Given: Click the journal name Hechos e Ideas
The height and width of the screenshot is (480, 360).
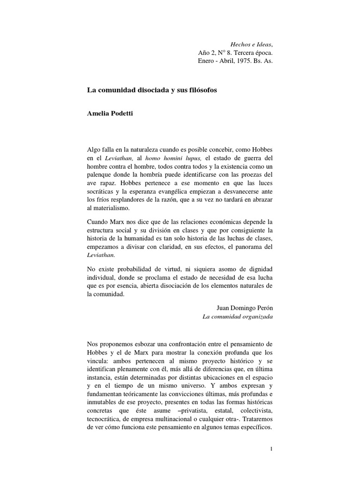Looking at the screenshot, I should point(250,44).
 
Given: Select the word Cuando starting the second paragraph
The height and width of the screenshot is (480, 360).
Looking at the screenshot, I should point(94,221).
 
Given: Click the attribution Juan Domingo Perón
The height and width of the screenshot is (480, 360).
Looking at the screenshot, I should point(244,307).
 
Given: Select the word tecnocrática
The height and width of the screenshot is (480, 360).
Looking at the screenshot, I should point(101,413).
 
